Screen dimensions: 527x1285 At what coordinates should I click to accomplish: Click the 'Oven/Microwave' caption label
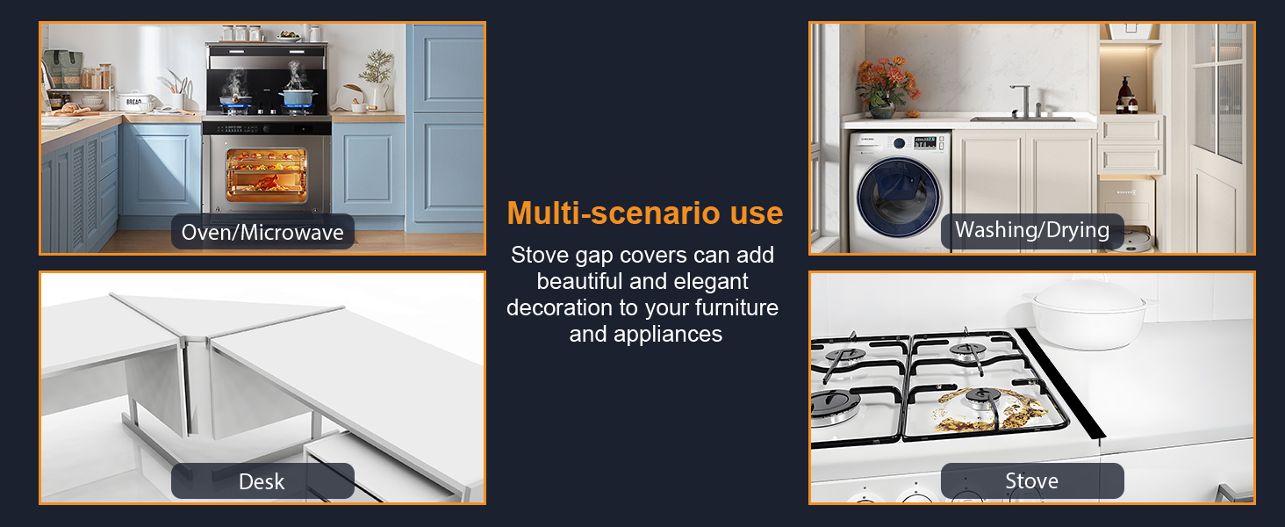[262, 232]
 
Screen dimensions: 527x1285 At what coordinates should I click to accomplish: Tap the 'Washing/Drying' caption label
[1032, 230]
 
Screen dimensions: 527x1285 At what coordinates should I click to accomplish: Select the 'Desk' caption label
[262, 481]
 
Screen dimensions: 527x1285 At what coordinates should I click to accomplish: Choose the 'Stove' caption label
[1032, 481]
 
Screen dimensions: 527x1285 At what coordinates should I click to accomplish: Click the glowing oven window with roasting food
[266, 176]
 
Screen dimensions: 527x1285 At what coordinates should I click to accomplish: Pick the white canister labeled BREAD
[134, 102]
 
